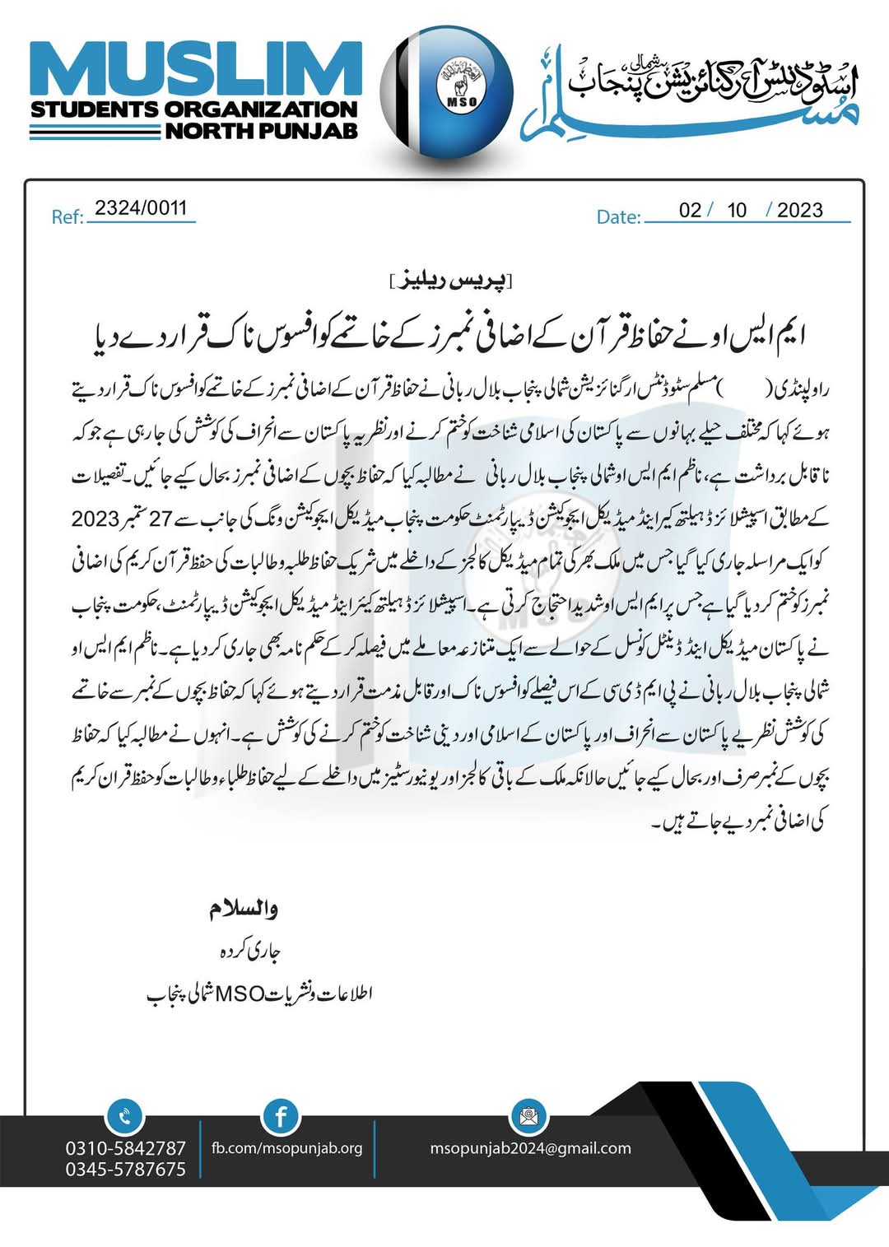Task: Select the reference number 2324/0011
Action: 141,208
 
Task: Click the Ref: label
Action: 67,217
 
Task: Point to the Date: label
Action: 618,217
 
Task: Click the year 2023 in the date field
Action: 799,210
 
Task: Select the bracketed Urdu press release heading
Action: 451,282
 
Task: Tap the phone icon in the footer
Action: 124,1117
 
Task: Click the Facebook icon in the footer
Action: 281,1117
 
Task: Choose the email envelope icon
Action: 528,1117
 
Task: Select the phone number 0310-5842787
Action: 126,1147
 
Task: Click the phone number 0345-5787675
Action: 126,1169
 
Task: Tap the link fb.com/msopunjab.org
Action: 287,1148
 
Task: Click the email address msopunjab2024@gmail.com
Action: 531,1148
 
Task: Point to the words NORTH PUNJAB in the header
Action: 262,130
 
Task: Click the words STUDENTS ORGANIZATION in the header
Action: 194,109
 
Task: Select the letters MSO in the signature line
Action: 238,993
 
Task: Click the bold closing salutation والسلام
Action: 244,909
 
